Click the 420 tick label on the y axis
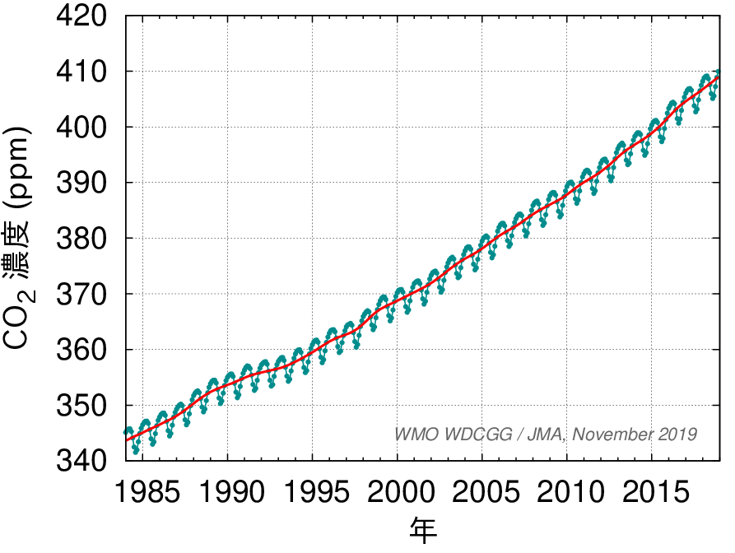[83, 16]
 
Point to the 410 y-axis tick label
[83, 72]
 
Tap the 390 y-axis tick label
[83, 183]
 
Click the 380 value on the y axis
[83, 239]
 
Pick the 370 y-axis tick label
[83, 294]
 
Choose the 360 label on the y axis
[83, 350]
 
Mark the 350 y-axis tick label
[83, 406]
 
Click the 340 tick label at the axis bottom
[83, 459]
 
